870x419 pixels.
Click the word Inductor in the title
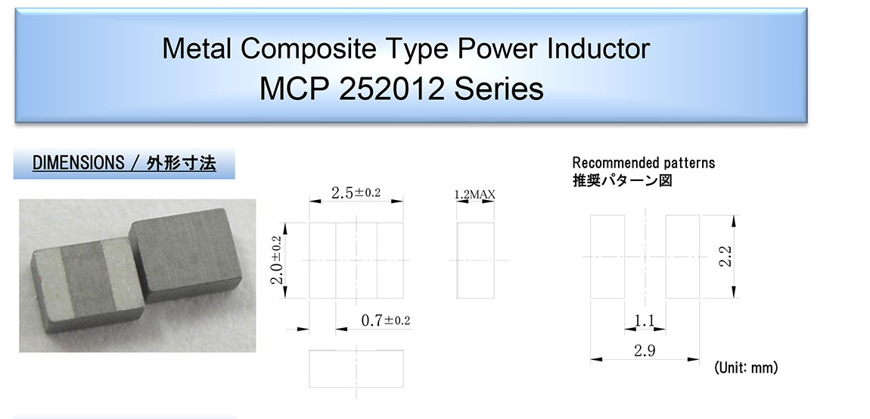point(598,49)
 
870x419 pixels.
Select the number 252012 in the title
point(392,89)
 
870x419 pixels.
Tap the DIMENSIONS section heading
point(124,164)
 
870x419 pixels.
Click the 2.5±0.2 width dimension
point(356,192)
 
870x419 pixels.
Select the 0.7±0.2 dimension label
point(386,320)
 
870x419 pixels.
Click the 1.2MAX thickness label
point(474,195)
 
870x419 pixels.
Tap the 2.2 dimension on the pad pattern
point(726,257)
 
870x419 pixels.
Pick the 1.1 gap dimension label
point(644,321)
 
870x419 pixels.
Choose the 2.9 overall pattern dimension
point(645,351)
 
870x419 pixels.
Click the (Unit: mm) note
point(746,367)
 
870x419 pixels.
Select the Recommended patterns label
point(644,163)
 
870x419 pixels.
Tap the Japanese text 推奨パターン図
point(622,180)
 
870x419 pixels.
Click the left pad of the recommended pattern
point(607,257)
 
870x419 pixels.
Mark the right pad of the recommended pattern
point(682,257)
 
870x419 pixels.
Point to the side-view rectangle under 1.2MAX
point(475,261)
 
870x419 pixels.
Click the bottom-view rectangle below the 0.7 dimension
point(356,369)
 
